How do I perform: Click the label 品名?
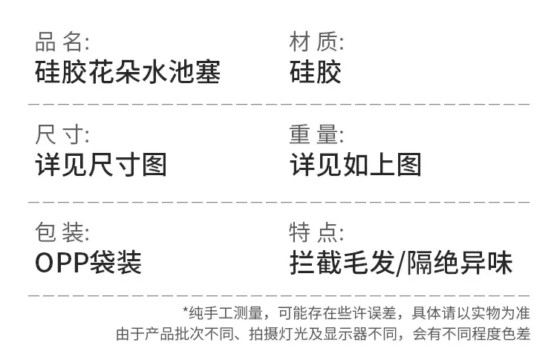point(62,42)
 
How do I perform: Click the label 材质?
point(316,42)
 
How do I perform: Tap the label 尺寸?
point(62,134)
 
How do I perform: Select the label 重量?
point(316,134)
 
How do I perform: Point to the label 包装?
point(62,232)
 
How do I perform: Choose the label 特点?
point(316,232)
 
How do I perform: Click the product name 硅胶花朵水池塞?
point(128,72)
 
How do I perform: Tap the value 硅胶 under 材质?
point(316,72)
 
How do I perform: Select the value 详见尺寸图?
point(101,165)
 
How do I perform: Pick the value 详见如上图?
point(356,165)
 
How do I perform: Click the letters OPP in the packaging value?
point(62,263)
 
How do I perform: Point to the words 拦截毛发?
point(342,263)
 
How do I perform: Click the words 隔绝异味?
point(459,263)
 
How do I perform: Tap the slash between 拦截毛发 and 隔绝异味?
point(401,263)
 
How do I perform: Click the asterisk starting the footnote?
point(186,310)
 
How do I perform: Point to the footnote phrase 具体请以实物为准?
point(471,313)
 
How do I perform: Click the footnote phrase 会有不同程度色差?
point(472,334)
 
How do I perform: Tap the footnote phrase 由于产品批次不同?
point(175,334)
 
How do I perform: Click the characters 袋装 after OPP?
point(115,263)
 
